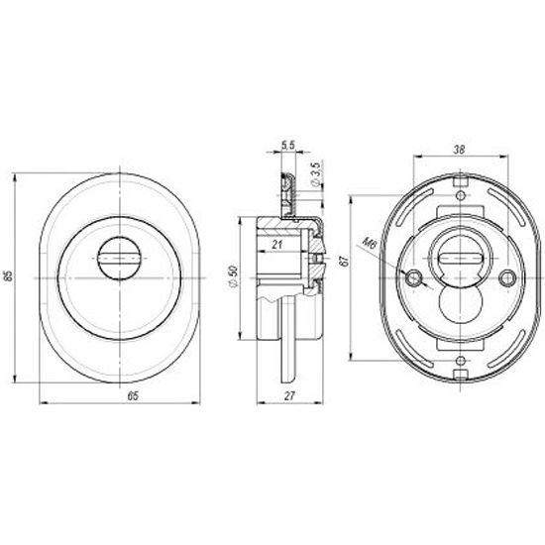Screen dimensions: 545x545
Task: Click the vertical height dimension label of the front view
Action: (9, 275)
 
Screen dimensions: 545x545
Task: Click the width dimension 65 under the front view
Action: (133, 396)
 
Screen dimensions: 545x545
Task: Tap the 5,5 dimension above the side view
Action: (288, 145)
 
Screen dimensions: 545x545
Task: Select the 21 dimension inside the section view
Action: (276, 245)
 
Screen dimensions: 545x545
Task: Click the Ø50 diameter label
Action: (232, 276)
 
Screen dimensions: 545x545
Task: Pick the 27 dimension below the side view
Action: (289, 396)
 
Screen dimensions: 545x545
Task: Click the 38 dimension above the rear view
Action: (459, 150)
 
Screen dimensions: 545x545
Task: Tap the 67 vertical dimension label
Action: (344, 261)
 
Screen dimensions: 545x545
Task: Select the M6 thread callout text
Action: (370, 244)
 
